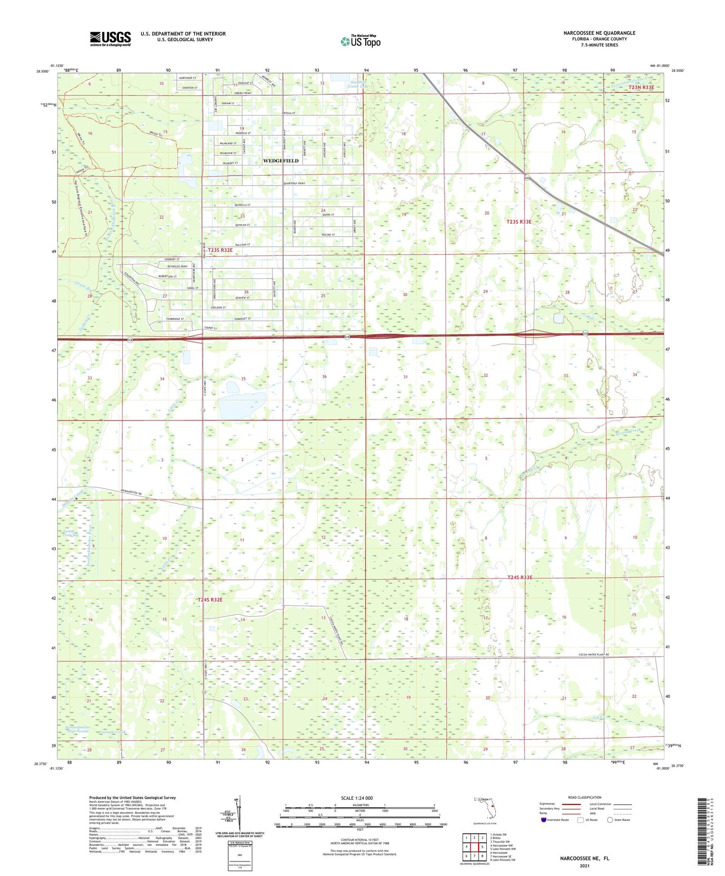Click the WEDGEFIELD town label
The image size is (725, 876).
pos(280,161)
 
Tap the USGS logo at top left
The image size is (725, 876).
pos(110,39)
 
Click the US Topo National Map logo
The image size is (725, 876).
pos(360,41)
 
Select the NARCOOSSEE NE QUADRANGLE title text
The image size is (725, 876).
pos(599,33)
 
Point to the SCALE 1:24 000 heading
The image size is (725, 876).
pos(356,798)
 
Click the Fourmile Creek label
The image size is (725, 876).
pos(113,732)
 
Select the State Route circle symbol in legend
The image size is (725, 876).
pos(610,820)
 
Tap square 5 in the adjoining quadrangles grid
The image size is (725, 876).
pos(482,847)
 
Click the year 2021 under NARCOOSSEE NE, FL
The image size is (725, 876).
pos(584,866)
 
